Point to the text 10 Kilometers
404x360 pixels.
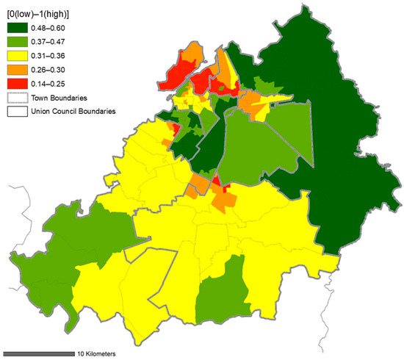coord(95,353)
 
